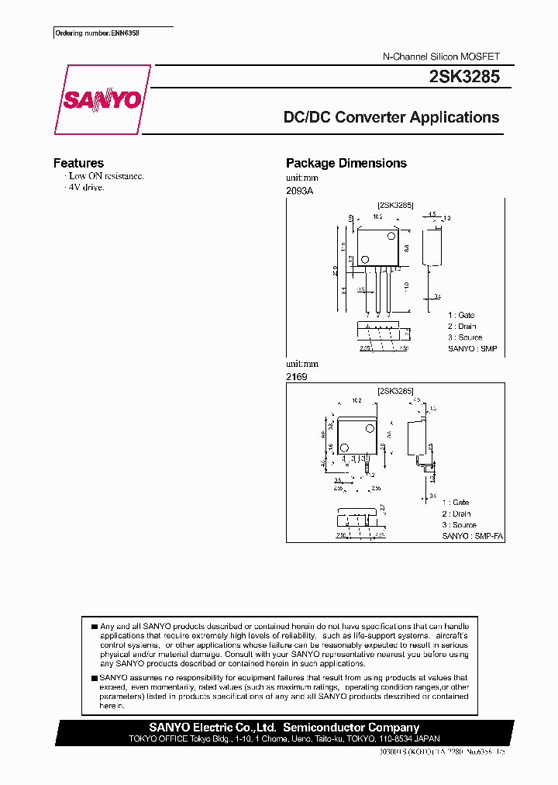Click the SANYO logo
(x=102, y=100)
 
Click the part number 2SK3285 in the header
(x=463, y=78)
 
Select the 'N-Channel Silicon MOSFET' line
(x=442, y=57)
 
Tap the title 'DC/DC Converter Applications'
(x=391, y=118)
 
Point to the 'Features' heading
(x=78, y=163)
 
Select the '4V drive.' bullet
(x=86, y=187)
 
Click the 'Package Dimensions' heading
(x=346, y=163)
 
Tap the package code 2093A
(x=299, y=190)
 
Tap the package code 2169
(x=296, y=375)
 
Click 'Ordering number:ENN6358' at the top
(x=91, y=33)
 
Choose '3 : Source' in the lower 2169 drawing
(x=460, y=525)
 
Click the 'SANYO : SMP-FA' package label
(x=473, y=536)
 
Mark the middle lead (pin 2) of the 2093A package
(x=377, y=291)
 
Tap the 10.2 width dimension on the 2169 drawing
(x=356, y=401)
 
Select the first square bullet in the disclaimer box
(x=94, y=625)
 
